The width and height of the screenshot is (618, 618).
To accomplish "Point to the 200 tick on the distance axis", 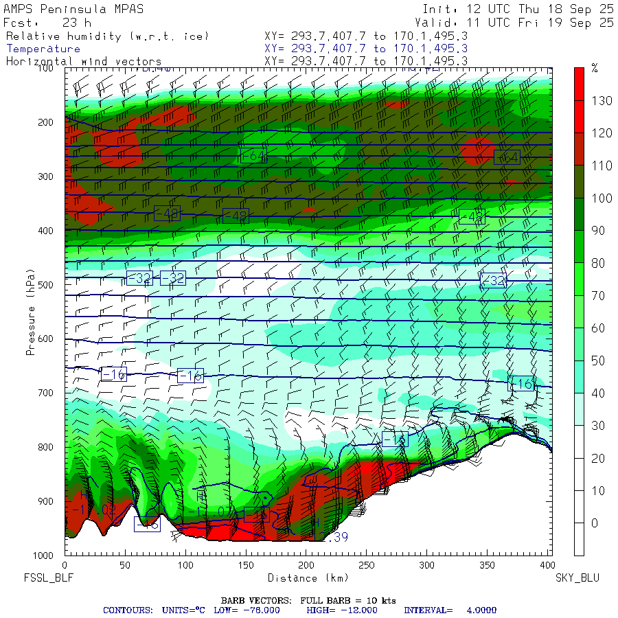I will (307, 565).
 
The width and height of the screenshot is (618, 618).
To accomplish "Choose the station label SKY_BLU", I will (577, 578).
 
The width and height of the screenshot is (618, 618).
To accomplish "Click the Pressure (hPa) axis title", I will (30, 313).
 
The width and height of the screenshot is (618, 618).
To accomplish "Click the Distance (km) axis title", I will (307, 578).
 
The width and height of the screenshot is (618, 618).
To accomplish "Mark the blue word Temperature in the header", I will (43, 49).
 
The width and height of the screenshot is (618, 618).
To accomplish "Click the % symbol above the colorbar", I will (595, 68).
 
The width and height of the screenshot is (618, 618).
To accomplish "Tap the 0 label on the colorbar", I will (595, 523).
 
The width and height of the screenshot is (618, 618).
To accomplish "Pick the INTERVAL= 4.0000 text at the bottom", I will (450, 610).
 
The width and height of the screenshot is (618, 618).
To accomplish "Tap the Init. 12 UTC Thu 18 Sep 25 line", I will (518, 9).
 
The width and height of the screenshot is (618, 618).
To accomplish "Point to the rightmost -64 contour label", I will (506, 157).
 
